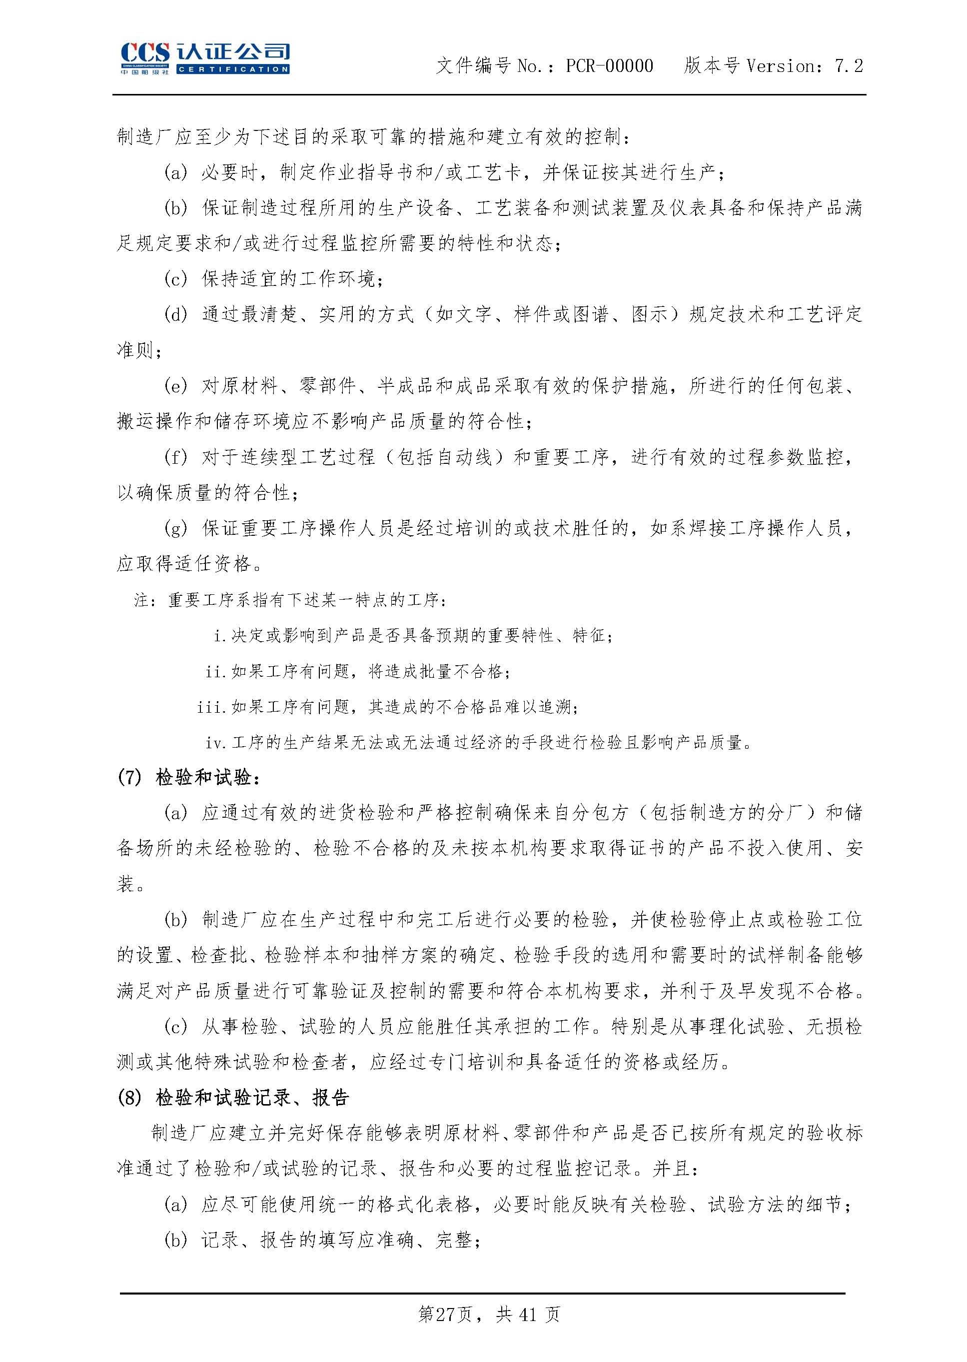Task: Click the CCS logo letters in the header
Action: tap(145, 53)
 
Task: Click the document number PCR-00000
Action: tap(609, 66)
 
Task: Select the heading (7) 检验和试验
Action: tap(189, 778)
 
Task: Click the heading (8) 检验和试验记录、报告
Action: tap(233, 1099)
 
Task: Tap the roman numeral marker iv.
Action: tap(215, 743)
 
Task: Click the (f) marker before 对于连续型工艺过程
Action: tap(175, 457)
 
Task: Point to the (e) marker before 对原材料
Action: tap(175, 386)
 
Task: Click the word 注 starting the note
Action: tap(142, 600)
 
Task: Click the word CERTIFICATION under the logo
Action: tap(233, 69)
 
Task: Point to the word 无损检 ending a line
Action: tap(834, 1027)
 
